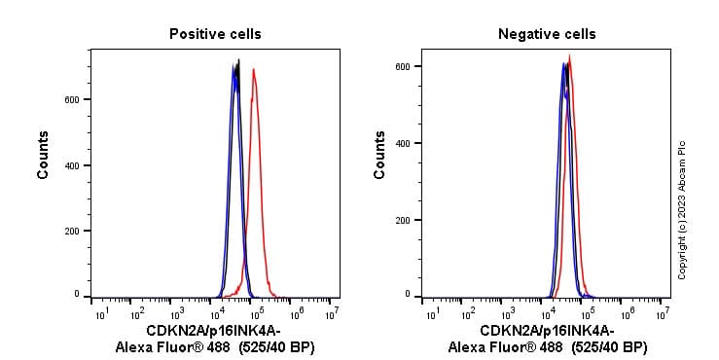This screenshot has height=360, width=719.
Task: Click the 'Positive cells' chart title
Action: click(x=215, y=34)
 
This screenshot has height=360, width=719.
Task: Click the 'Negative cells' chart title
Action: click(x=547, y=34)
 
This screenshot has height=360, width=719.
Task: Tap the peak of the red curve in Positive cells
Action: click(x=253, y=70)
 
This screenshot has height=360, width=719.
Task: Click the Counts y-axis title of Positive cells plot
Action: click(x=44, y=155)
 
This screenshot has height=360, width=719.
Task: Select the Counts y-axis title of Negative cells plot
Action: click(x=379, y=155)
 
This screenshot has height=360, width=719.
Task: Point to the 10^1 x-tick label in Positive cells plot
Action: click(x=100, y=313)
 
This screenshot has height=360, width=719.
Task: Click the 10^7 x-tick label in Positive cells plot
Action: click(x=332, y=313)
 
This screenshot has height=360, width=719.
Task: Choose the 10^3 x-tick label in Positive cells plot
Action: click(x=178, y=313)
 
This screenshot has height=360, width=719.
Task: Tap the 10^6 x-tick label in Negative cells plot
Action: click(x=625, y=313)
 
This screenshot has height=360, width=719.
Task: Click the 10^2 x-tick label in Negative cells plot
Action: click(x=469, y=313)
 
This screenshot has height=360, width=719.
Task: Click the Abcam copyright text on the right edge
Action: click(x=681, y=210)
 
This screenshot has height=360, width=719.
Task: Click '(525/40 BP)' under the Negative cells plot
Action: click(x=608, y=347)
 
